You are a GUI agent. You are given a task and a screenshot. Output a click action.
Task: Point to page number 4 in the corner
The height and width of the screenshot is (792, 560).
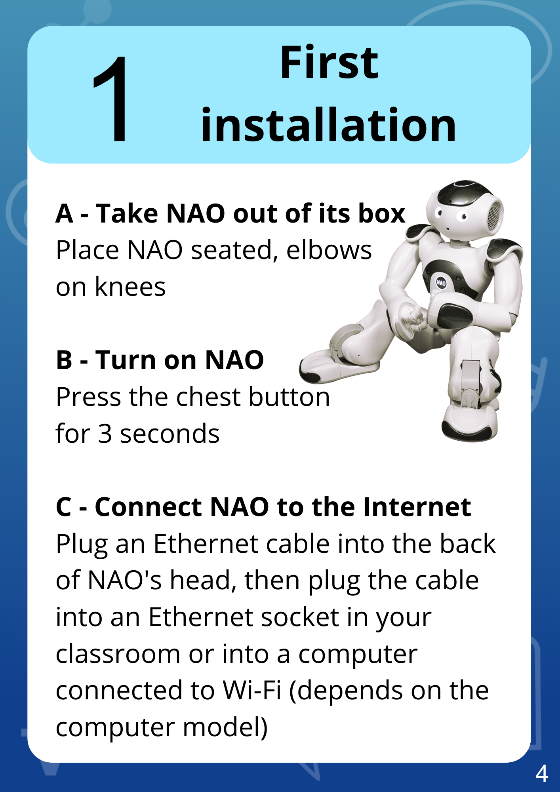coord(542,773)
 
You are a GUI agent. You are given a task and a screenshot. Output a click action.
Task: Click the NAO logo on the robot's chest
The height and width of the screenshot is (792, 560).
coord(441,283)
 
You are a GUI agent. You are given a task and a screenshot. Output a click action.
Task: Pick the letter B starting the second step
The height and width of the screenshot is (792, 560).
coord(64,360)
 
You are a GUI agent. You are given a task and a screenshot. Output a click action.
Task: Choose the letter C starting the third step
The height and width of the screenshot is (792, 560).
coord(64,507)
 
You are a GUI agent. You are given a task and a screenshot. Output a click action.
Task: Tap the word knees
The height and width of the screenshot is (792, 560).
coord(130,287)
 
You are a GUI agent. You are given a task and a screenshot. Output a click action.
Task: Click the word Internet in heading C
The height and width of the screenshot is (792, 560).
coord(417,506)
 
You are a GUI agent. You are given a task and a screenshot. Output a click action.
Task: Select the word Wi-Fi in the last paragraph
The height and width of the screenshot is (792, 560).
coord(252,690)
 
